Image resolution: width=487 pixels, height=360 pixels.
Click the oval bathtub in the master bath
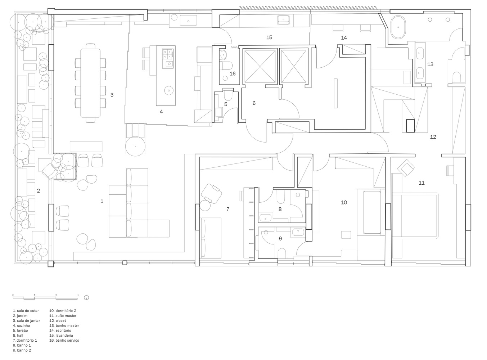point(398,27)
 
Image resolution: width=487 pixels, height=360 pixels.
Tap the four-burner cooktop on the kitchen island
point(167,54)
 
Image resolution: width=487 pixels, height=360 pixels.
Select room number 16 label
point(233,73)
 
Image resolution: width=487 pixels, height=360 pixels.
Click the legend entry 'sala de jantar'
point(27,320)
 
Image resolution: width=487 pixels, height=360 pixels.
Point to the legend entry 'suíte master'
point(63,316)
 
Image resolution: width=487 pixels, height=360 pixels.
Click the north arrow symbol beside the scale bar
point(86,298)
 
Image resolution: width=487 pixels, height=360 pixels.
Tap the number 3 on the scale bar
point(77,295)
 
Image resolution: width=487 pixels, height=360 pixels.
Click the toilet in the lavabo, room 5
point(228,94)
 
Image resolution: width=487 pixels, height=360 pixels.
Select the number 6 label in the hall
point(254,103)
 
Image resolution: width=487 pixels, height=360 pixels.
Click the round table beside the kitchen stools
point(135,146)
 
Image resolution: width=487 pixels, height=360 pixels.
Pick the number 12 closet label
point(433,137)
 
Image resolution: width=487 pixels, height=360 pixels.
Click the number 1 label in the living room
point(102,201)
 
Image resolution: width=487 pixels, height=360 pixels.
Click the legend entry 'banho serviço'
point(64,340)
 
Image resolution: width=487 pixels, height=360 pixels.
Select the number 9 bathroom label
point(280,238)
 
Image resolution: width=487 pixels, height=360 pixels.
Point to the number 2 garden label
point(39,190)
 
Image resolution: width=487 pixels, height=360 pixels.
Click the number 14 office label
point(344,38)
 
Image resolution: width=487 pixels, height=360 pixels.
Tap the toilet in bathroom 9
point(282,253)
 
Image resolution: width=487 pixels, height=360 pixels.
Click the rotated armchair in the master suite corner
point(406,168)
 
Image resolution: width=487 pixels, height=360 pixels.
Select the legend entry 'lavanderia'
point(61,336)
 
